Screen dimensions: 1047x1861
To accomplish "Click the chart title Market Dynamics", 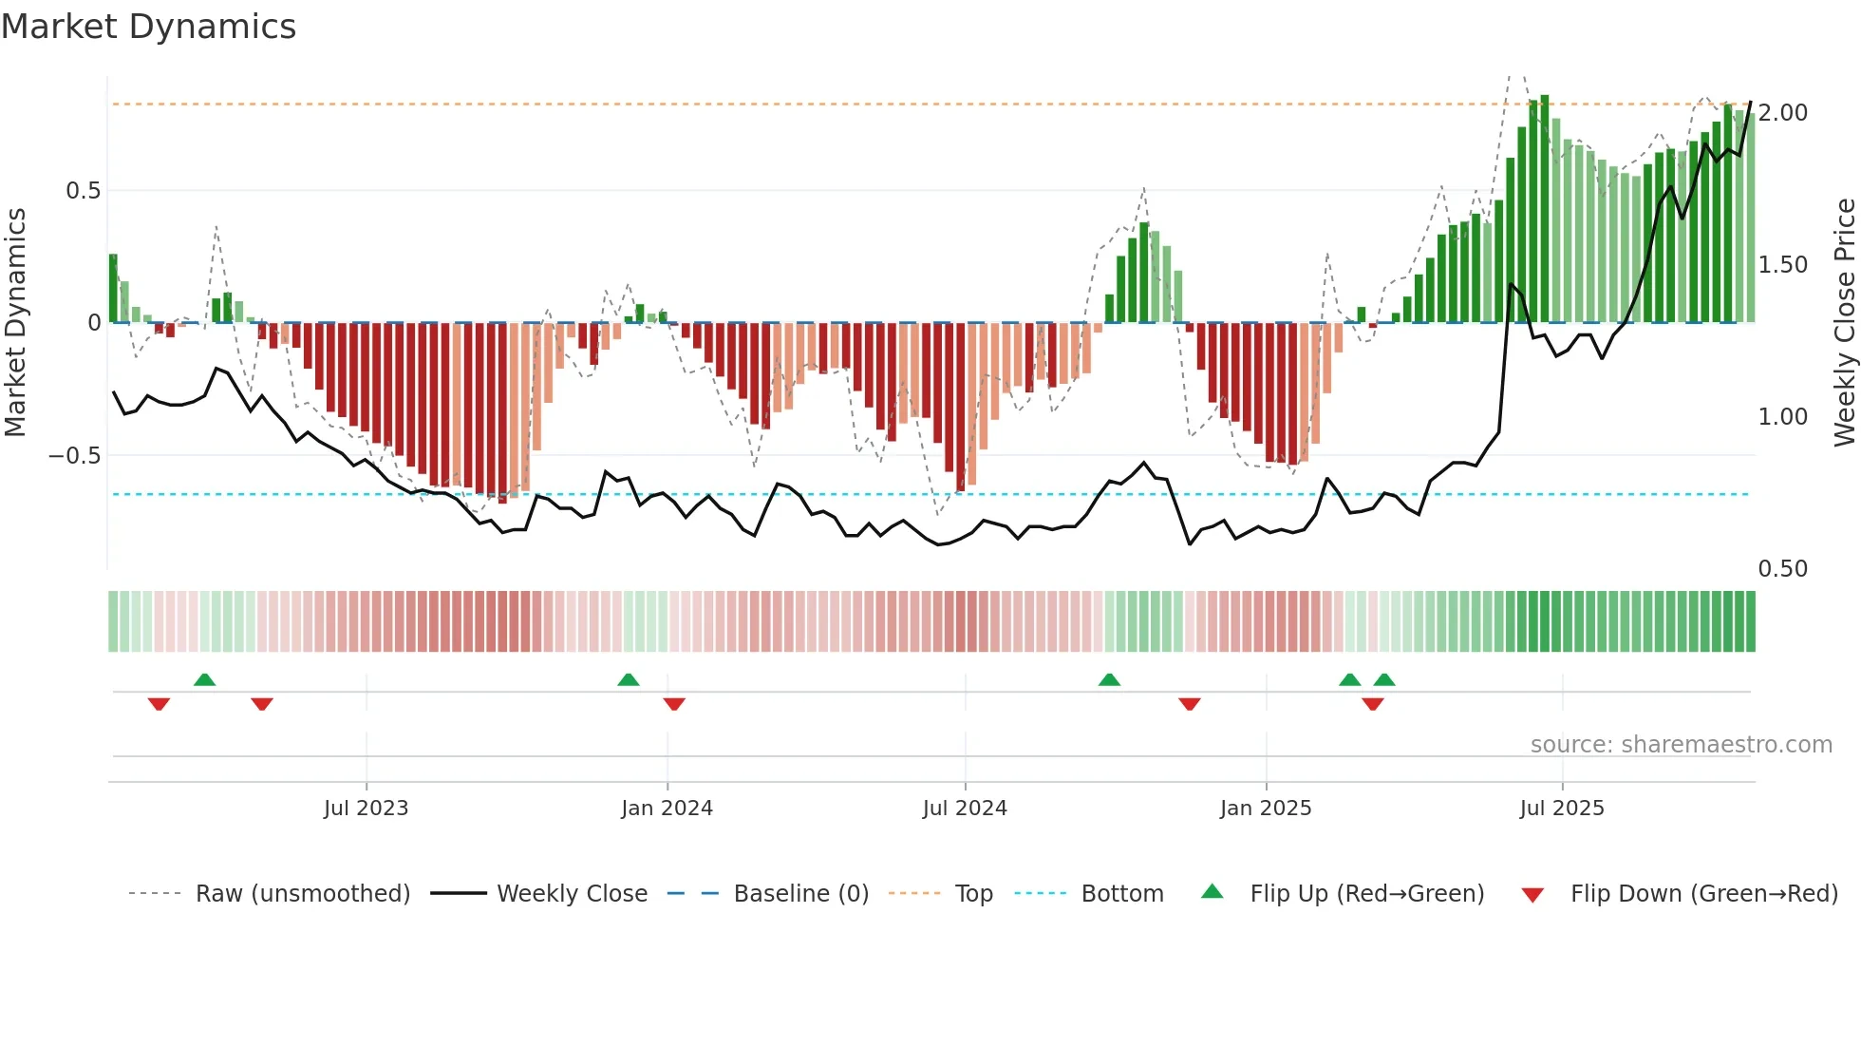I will click(x=148, y=27).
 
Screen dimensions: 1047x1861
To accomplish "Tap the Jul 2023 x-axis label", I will click(x=366, y=808).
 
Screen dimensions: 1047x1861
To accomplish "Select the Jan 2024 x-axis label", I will click(x=667, y=808).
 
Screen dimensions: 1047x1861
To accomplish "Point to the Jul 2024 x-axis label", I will click(x=965, y=808).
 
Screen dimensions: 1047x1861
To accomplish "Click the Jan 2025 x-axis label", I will click(x=1266, y=808).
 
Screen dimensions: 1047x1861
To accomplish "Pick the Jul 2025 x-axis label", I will click(x=1562, y=808).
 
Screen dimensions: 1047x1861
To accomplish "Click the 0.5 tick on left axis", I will click(x=83, y=191).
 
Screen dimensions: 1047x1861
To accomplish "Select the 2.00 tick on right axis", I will click(x=1782, y=113).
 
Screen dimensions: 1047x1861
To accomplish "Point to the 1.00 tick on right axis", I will click(x=1782, y=417).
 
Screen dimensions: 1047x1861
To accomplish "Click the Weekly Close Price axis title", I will click(x=1844, y=322).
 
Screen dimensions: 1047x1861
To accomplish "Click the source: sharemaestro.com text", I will click(x=1681, y=745).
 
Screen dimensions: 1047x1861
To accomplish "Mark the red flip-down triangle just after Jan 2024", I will click(x=674, y=703).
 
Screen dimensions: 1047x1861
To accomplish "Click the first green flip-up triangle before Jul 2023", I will click(x=204, y=679).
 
